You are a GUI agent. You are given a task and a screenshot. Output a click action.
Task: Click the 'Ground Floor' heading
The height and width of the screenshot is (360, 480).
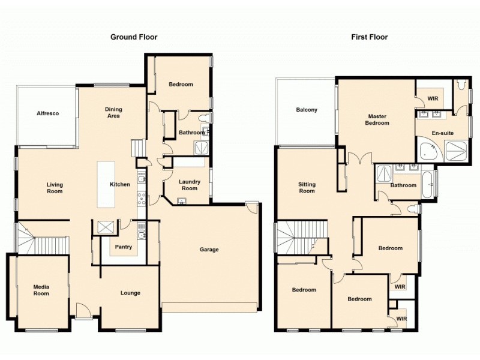tap(134, 37)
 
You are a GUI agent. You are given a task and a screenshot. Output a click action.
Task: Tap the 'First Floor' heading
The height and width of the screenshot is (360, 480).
tap(370, 37)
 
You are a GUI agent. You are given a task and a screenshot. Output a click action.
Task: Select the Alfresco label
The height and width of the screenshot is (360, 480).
tap(47, 113)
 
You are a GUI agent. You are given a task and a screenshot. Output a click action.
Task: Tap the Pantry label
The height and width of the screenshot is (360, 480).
tap(124, 247)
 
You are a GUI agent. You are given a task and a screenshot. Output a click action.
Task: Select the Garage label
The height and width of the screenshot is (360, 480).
tap(209, 250)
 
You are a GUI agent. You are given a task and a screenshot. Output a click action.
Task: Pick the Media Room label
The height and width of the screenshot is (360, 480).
tap(41, 290)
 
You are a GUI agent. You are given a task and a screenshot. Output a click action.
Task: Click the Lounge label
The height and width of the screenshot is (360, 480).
tap(130, 293)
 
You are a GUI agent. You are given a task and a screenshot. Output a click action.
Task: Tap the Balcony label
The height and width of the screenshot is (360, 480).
tap(307, 110)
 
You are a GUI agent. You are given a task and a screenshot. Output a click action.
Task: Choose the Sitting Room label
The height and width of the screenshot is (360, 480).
tap(307, 188)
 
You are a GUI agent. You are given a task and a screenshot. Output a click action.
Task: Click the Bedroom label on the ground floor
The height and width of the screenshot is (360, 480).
tap(181, 85)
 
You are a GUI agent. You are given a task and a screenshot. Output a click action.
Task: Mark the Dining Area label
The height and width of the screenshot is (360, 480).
tap(113, 113)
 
